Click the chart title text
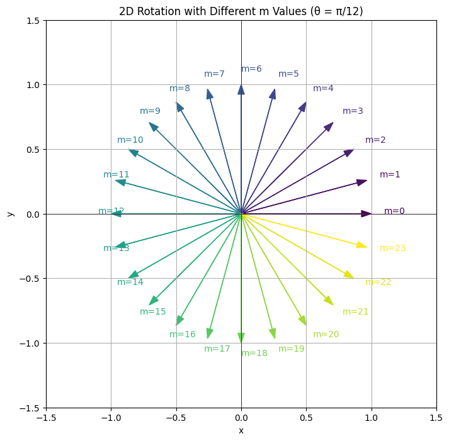tap(241, 11)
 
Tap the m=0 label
tap(394, 211)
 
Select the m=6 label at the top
tap(251, 69)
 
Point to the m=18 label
tap(254, 353)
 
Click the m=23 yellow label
tap(392, 248)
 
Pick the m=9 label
tap(150, 111)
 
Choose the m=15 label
tap(153, 311)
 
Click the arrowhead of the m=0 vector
tap(367, 214)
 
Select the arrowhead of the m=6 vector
tap(241, 89)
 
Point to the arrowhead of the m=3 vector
tap(329, 126)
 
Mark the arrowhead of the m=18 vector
tap(241, 338)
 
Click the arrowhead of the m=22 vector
tap(349, 275)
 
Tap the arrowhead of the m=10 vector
tap(133, 152)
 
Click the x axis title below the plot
tap(241, 430)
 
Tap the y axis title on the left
tap(9, 214)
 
